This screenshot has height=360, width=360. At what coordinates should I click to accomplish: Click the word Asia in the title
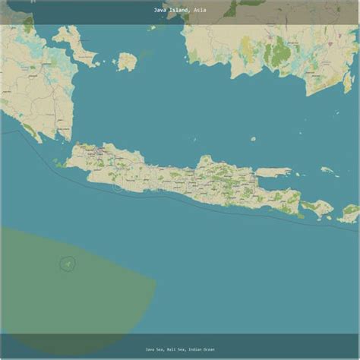tap(199, 10)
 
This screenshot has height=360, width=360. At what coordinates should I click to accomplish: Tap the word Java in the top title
tap(159, 10)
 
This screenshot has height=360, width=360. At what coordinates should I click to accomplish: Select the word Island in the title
tap(179, 10)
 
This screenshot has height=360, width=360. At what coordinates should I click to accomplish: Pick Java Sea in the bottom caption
tap(153, 349)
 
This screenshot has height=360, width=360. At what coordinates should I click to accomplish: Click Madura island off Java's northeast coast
tap(273, 172)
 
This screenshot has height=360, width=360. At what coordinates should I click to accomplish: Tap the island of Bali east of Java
tap(317, 207)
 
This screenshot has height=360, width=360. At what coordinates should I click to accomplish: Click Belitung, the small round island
tap(127, 61)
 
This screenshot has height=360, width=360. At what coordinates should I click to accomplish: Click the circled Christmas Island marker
tap(68, 264)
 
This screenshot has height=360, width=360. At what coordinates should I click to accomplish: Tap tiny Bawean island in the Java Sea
tap(253, 139)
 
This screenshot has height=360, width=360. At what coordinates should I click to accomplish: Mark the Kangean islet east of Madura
tap(327, 171)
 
